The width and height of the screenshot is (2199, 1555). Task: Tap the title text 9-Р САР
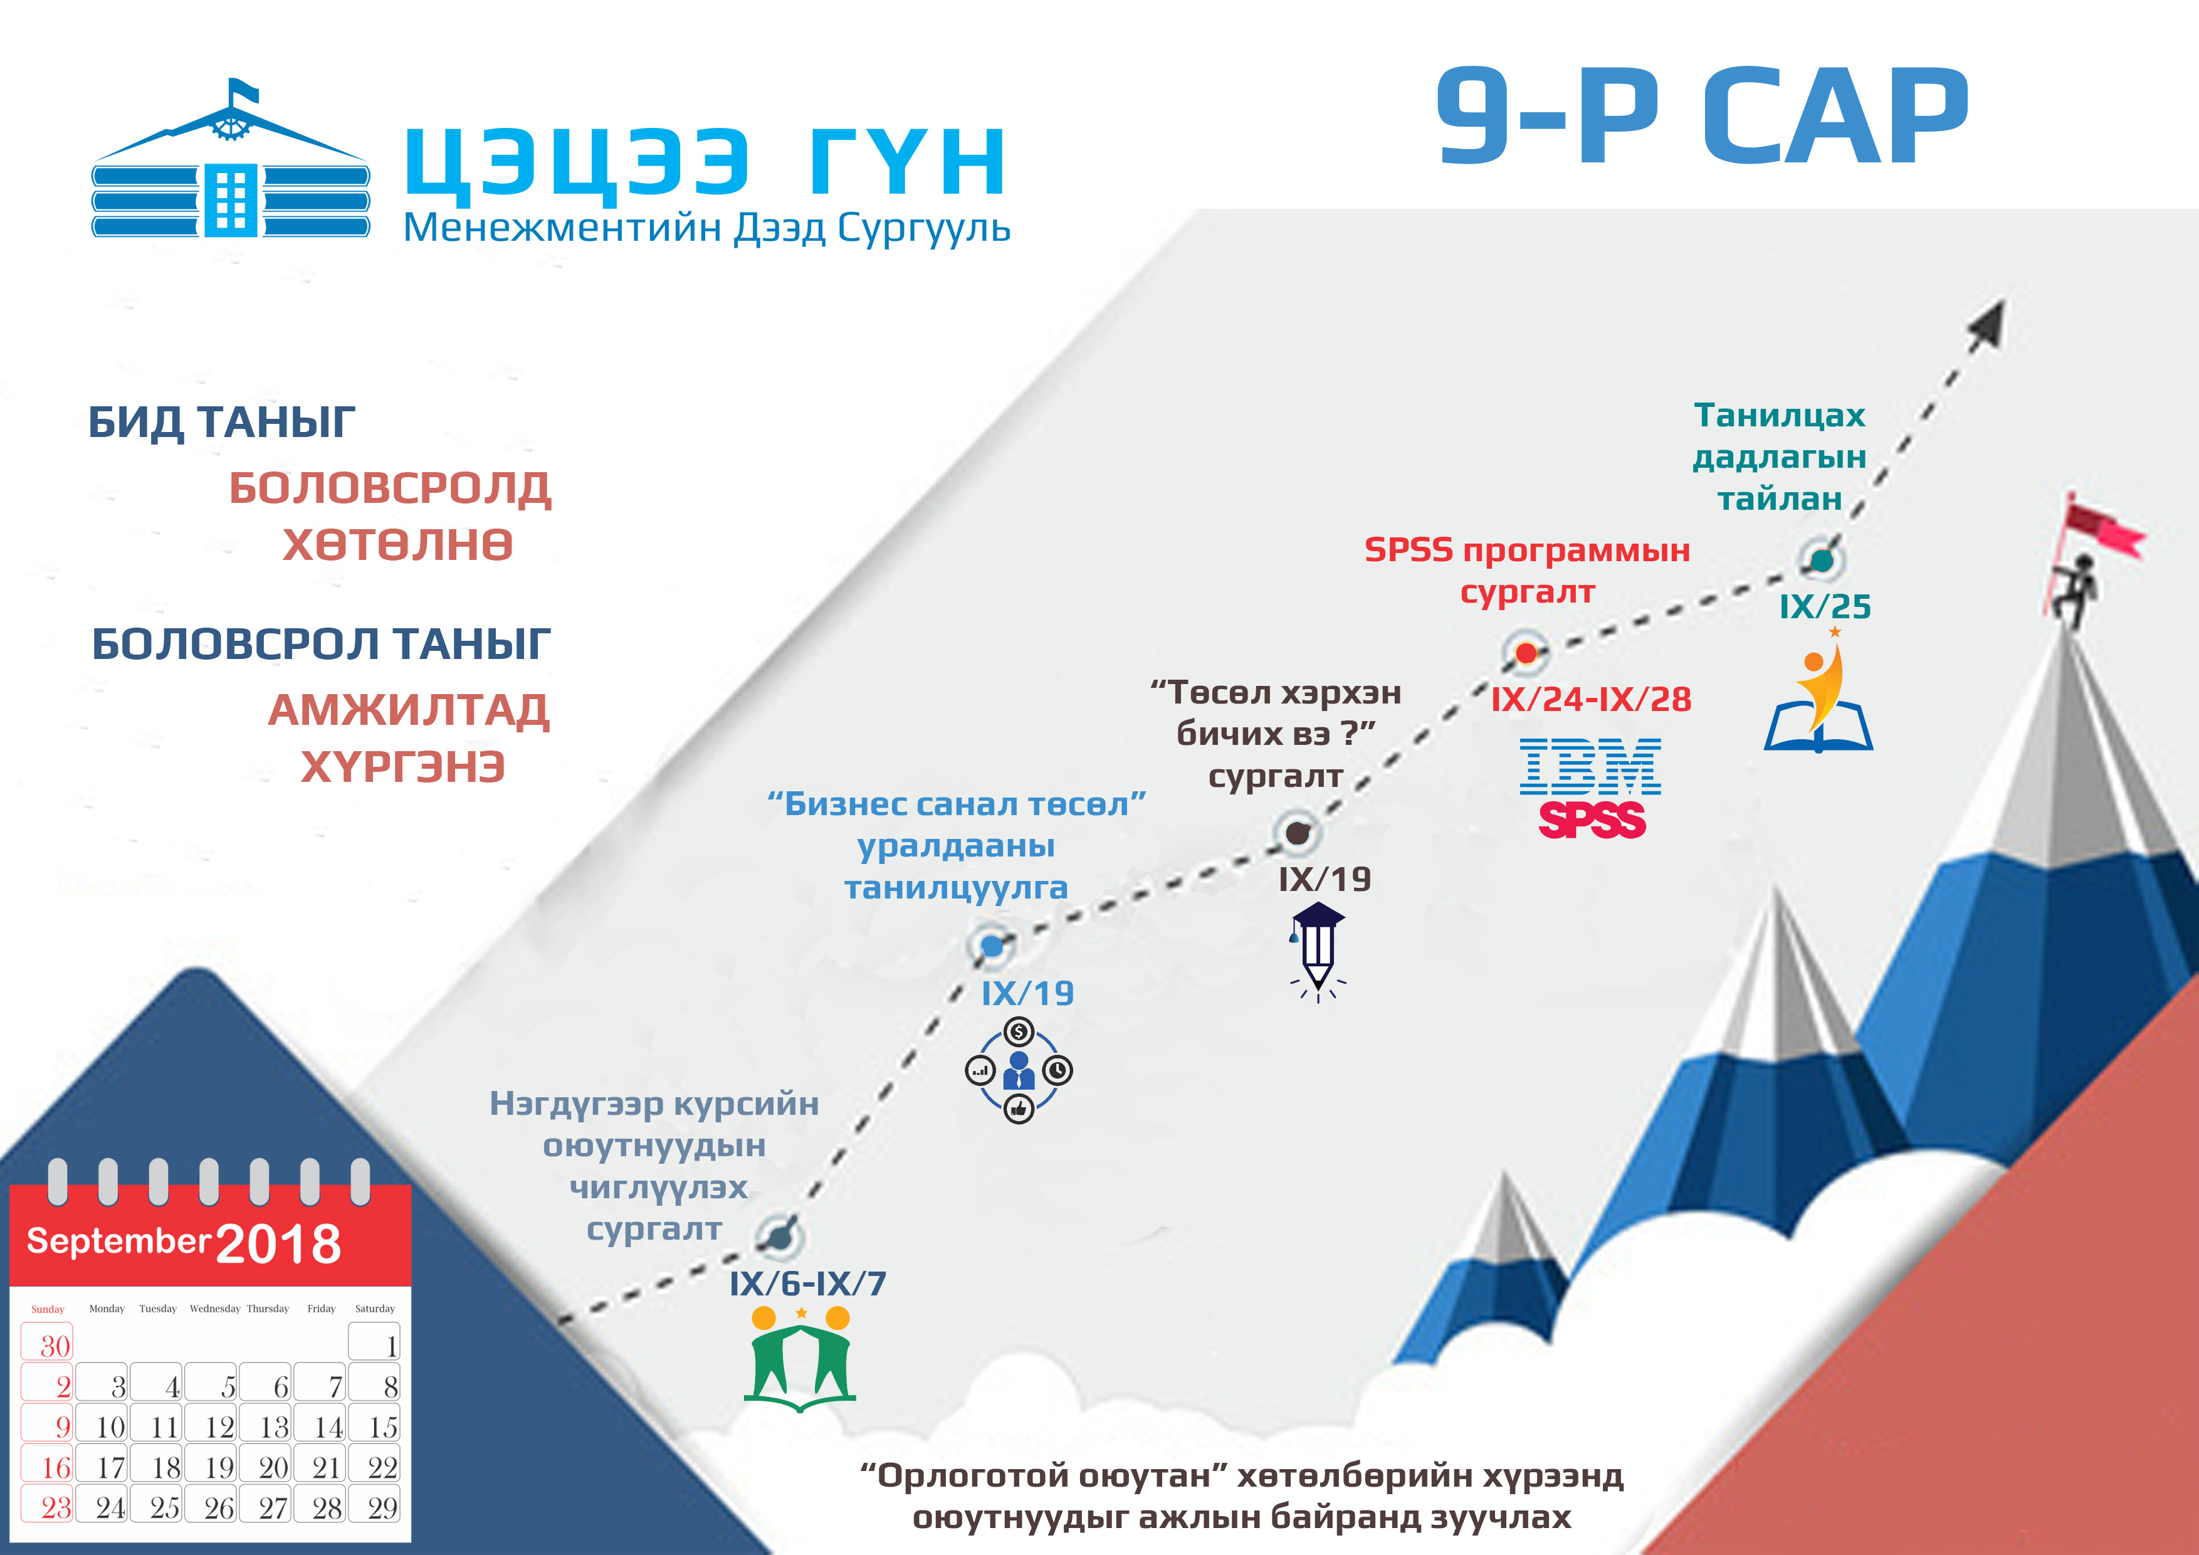click(x=1701, y=117)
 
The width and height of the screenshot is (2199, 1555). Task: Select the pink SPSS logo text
click(x=1592, y=820)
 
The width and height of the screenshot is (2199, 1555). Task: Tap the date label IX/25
click(x=1825, y=606)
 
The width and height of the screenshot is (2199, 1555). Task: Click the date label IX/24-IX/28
click(x=1591, y=699)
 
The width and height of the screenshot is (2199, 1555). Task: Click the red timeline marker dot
click(x=1526, y=653)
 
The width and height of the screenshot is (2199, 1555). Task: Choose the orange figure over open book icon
click(x=1819, y=695)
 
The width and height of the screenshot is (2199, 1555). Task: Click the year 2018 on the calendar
click(x=279, y=1243)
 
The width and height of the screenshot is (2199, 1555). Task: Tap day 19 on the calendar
click(x=219, y=1467)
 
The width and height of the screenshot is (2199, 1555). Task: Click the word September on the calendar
click(x=118, y=1241)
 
